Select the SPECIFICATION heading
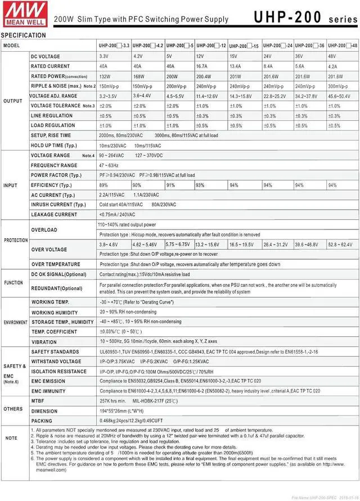point(24,35)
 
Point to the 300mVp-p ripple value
point(338,86)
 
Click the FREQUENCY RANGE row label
point(54,165)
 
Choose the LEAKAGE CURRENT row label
point(54,214)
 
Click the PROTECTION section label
point(16,240)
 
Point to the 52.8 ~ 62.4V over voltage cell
point(340,245)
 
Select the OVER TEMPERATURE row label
point(56,264)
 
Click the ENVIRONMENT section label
point(16,323)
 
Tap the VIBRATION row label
point(44,341)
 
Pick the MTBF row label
point(40,400)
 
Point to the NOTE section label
point(11,437)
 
